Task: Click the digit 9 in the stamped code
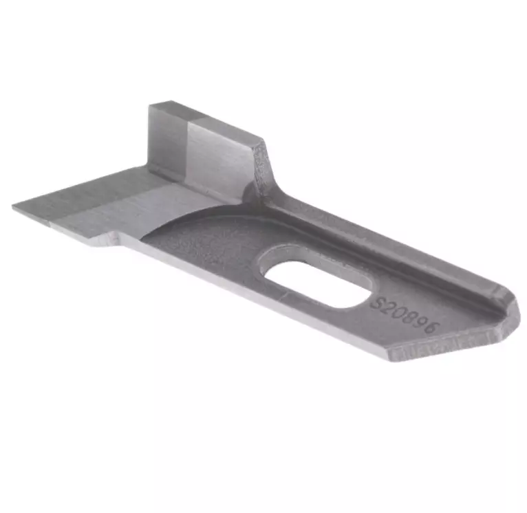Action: pos(422,324)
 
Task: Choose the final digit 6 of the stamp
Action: pos(432,330)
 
